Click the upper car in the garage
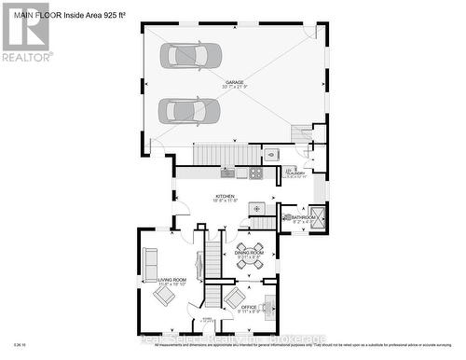189,55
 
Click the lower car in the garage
189,110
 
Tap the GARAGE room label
234,82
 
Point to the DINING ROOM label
250,253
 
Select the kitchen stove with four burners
254,173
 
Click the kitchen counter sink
226,173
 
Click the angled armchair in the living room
164,296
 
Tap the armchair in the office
232,298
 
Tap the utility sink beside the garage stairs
272,155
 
